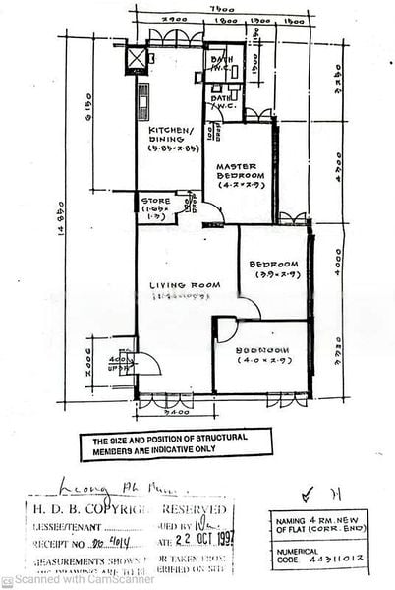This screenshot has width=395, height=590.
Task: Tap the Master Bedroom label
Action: coord(237,173)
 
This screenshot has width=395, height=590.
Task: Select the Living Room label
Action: coord(178,286)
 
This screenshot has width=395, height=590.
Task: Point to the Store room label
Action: coord(155,201)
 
